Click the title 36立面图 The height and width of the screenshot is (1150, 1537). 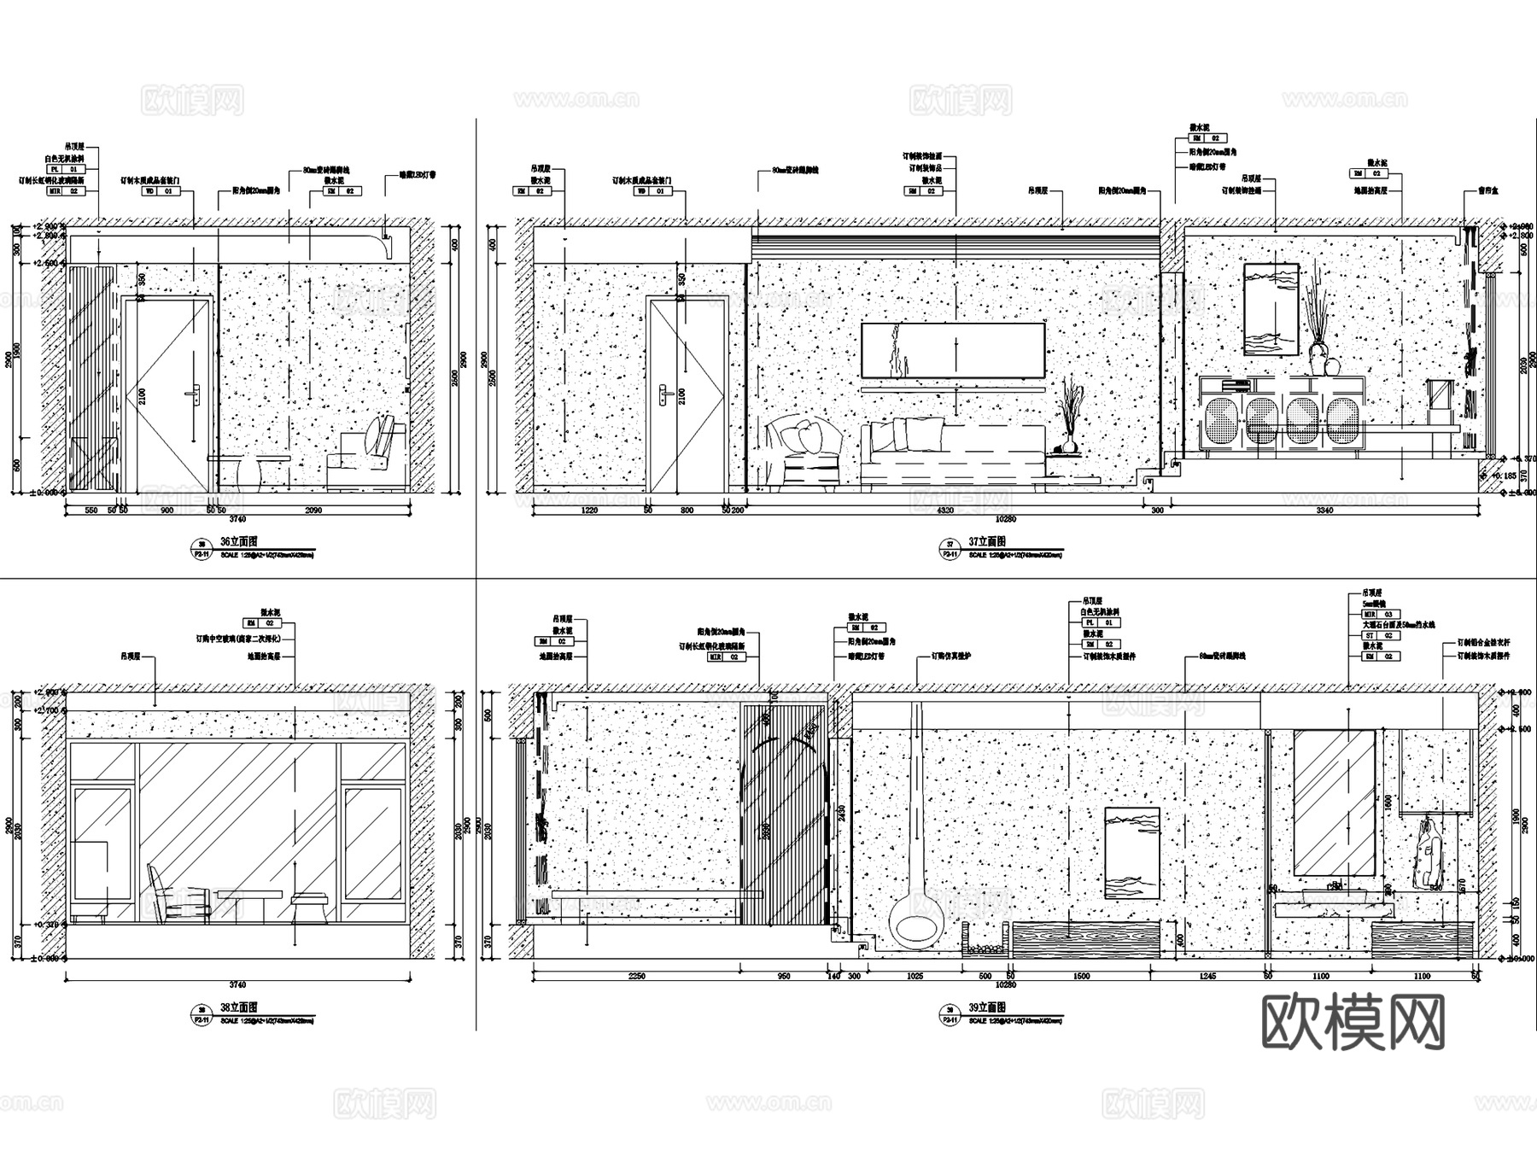click(238, 541)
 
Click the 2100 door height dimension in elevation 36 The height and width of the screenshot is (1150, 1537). click(142, 395)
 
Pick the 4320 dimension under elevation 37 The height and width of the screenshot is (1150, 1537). click(945, 510)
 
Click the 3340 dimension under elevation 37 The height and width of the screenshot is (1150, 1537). click(1325, 510)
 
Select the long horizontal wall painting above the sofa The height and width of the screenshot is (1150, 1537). click(953, 350)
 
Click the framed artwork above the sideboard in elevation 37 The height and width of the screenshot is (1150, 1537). click(1271, 309)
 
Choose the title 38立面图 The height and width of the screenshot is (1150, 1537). click(238, 1007)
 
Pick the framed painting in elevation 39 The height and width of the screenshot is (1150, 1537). click(1132, 852)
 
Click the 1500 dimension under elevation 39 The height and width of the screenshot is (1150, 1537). click(1081, 976)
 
